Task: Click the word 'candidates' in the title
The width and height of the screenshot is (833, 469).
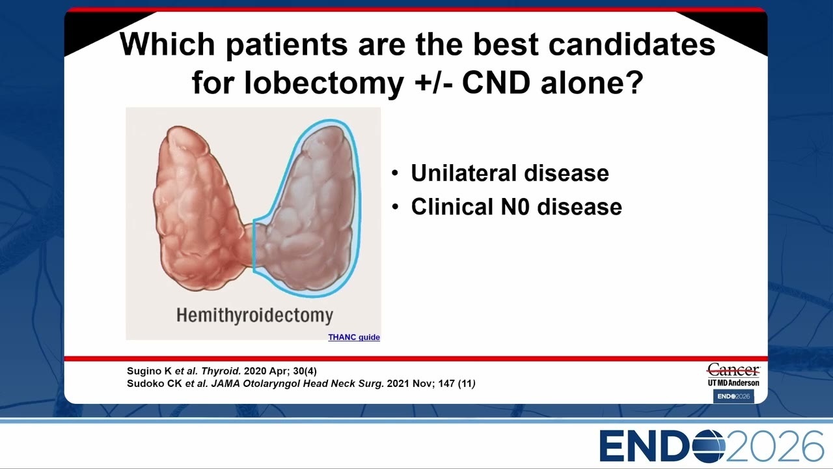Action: tap(632, 44)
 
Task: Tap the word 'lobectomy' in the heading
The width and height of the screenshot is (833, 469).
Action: tap(324, 83)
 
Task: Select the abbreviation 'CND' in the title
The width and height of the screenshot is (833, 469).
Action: tap(496, 83)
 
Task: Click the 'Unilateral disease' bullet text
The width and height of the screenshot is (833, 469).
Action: tap(510, 173)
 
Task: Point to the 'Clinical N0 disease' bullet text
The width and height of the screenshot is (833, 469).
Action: tap(516, 206)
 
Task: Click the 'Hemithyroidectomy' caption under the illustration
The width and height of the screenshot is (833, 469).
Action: tap(254, 315)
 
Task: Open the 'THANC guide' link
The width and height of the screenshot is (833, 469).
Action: tap(353, 337)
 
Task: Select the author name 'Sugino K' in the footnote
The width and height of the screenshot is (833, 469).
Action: tap(149, 371)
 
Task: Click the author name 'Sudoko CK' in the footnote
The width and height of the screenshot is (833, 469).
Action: tap(154, 384)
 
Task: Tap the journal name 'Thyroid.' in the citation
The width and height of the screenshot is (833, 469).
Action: tap(221, 371)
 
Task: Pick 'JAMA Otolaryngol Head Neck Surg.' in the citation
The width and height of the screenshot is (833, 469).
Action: tap(297, 384)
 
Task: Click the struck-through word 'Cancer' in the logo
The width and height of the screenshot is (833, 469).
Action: tap(733, 371)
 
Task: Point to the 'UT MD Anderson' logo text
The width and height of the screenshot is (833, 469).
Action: tap(733, 383)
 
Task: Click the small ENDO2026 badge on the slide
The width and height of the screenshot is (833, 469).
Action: tap(733, 397)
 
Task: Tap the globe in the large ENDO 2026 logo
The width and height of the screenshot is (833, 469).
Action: tap(708, 446)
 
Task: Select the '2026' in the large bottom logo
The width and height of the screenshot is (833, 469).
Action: tap(774, 446)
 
